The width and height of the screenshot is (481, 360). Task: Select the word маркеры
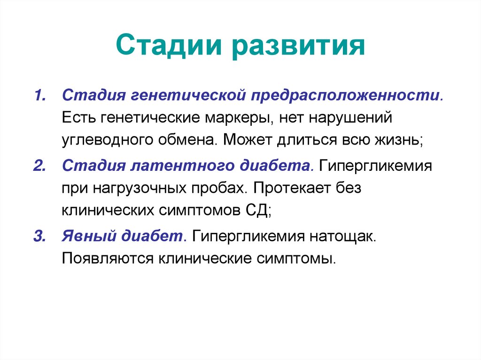pos(238,117)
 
